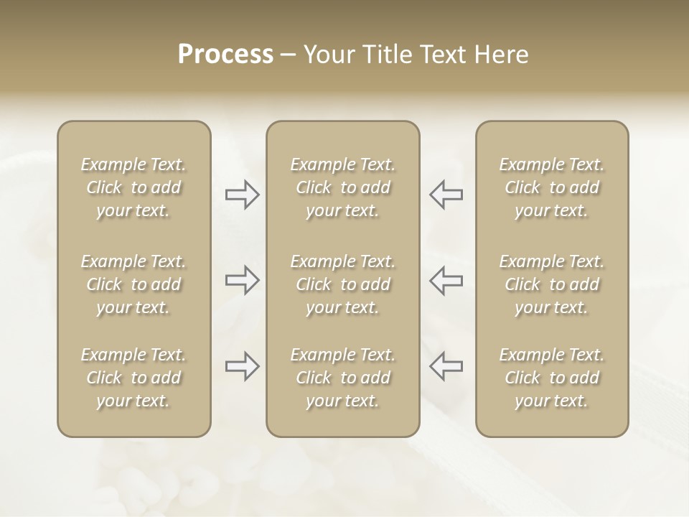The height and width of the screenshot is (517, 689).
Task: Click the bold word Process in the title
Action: [x=225, y=55]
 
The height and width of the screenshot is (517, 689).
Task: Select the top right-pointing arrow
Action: [x=243, y=195]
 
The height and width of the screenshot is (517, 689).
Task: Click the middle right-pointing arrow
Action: [x=243, y=279]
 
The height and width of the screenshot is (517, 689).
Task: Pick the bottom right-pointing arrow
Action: [x=243, y=366]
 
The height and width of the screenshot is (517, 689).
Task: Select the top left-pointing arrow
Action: [x=446, y=195]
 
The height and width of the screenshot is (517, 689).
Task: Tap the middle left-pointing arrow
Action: [x=446, y=279]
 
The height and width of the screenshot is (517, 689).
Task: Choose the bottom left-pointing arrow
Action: [x=446, y=366]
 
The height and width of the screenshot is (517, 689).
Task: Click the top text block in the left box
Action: [x=133, y=187]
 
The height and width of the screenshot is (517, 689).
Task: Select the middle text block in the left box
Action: [x=133, y=284]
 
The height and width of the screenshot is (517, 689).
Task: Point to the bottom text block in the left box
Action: [x=133, y=378]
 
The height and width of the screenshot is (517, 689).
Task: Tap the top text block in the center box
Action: [x=342, y=187]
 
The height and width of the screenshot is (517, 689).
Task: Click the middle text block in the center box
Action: [x=342, y=284]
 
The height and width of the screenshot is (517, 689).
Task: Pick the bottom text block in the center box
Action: [x=342, y=378]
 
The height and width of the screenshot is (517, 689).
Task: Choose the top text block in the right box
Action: [x=552, y=187]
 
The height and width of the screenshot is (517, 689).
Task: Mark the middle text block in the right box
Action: [x=552, y=284]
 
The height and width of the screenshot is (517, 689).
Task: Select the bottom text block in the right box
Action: [x=552, y=378]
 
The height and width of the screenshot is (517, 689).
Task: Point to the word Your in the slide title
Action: [x=328, y=55]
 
